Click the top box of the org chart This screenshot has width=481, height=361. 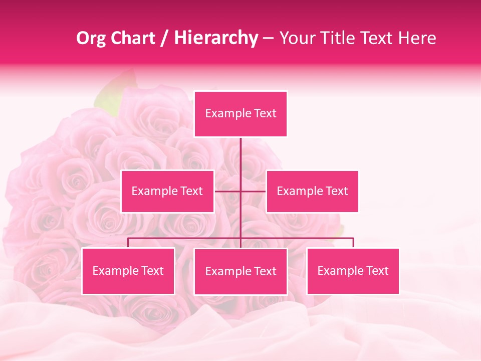[x=241, y=114]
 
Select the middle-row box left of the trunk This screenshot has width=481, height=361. [x=167, y=191]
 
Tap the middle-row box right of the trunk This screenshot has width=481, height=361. [x=312, y=191]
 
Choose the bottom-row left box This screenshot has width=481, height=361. [x=128, y=271]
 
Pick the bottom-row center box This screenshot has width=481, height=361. [x=241, y=271]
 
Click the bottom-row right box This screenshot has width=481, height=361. [x=353, y=271]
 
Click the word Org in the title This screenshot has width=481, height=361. [x=91, y=38]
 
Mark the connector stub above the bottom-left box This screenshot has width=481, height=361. [x=128, y=243]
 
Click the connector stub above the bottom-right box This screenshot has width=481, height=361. [x=353, y=243]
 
